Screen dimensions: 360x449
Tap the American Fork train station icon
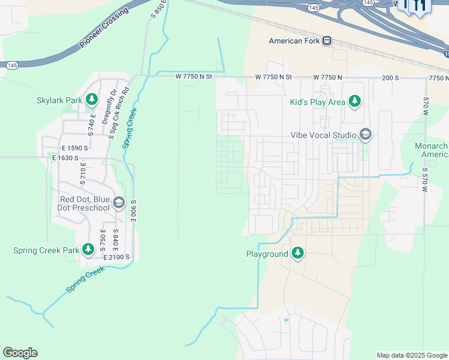(327, 41)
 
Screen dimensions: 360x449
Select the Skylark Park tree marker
(92, 99)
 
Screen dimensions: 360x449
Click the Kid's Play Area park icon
(355, 101)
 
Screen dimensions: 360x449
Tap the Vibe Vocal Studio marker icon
(365, 135)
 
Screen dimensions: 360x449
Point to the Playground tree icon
(297, 253)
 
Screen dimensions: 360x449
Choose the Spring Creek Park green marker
(88, 249)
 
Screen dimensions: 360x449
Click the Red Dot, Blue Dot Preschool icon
(118, 203)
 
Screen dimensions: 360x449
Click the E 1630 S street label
(65, 158)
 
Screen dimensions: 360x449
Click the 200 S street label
(390, 78)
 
